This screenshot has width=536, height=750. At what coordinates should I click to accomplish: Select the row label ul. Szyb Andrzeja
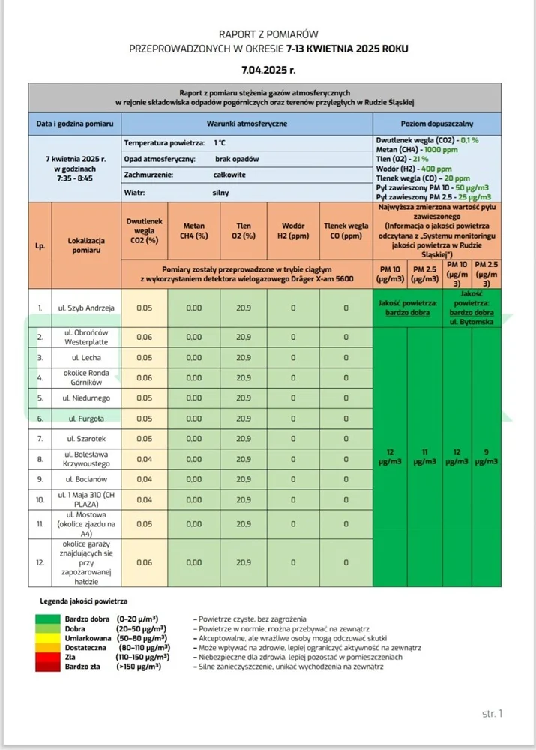(x=85, y=307)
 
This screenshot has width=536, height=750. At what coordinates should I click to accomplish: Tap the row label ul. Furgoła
(x=85, y=418)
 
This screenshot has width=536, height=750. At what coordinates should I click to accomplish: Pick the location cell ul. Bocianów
(x=85, y=478)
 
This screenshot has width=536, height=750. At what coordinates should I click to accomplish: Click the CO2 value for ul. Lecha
(x=144, y=357)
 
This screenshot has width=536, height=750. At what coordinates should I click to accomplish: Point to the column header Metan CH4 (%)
(x=194, y=230)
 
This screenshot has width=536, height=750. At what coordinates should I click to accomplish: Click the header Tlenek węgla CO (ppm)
(x=346, y=230)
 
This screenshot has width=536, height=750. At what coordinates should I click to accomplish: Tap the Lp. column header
(x=40, y=244)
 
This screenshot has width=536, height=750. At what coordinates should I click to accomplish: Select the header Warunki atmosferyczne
(x=247, y=122)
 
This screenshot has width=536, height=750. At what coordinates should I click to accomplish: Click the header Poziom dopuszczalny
(x=437, y=122)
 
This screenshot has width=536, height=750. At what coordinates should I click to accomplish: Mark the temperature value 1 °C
(x=220, y=142)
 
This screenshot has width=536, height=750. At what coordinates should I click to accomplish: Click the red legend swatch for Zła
(x=52, y=656)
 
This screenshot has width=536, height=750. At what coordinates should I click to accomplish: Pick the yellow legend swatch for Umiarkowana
(x=52, y=637)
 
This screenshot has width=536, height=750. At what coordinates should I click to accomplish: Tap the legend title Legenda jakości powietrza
(x=83, y=601)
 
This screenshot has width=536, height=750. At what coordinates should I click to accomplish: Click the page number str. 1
(x=492, y=713)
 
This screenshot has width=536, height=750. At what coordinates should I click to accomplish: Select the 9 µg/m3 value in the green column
(x=487, y=457)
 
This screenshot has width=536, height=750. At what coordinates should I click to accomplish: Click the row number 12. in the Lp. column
(x=40, y=562)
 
